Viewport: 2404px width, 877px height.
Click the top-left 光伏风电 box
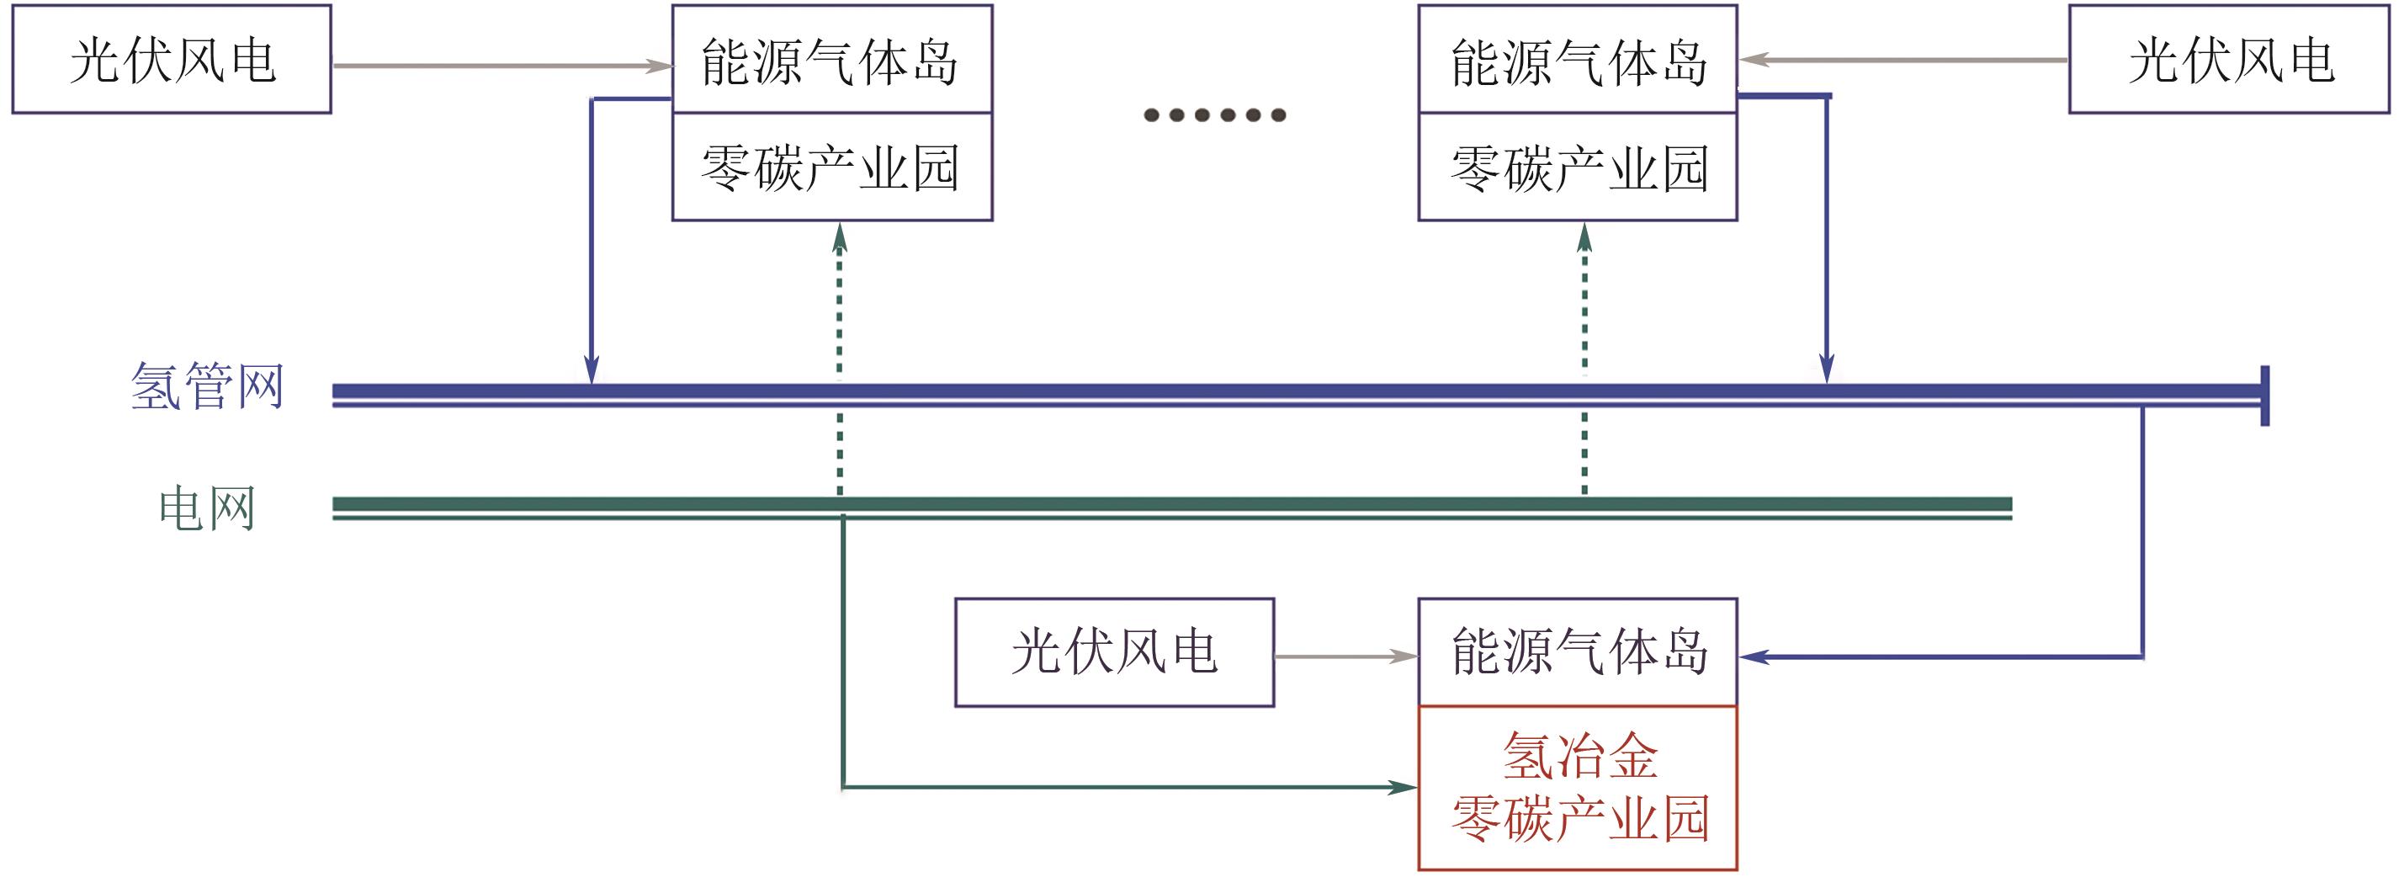(172, 60)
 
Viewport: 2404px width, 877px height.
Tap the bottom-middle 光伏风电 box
(1114, 652)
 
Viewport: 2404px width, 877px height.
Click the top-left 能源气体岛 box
(831, 60)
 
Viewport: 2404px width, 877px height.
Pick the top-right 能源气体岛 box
(1577, 60)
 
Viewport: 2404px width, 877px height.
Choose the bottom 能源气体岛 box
(1577, 652)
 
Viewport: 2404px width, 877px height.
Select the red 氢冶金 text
(1580, 756)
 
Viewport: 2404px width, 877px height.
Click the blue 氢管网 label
(207, 386)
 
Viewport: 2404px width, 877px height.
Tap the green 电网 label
(207, 508)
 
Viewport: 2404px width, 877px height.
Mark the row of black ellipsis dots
(1214, 114)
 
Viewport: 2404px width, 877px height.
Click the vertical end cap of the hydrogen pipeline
(2265, 396)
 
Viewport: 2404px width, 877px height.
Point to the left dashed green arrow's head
(840, 237)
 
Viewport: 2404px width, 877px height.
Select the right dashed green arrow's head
(1584, 237)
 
